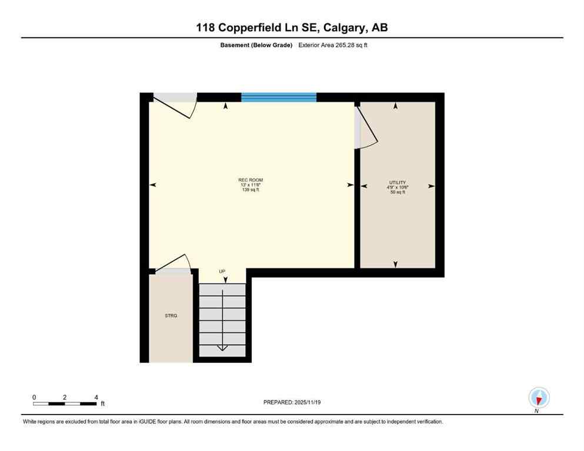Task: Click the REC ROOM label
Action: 247,180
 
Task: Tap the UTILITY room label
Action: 397,182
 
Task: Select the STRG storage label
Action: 171,316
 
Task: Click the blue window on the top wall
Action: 279,97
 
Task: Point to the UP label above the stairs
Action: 222,271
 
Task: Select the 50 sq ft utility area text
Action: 398,193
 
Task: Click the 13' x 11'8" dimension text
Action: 247,185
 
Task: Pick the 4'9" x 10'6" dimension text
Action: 398,187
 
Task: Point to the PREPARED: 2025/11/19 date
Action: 292,402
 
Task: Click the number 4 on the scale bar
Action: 96,397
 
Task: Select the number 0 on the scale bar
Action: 34,397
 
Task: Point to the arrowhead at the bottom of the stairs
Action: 222,348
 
